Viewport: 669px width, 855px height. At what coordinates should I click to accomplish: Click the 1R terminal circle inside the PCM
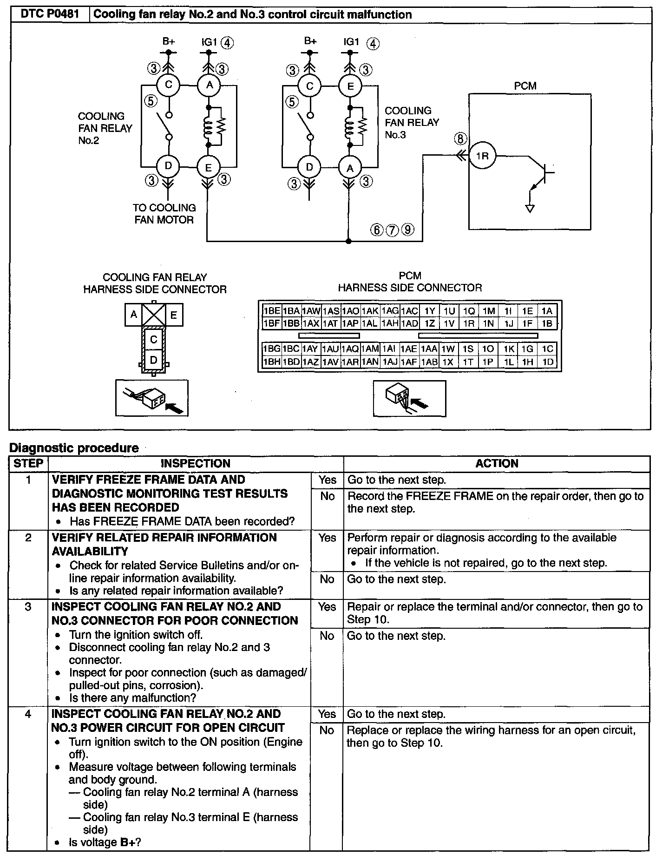483,156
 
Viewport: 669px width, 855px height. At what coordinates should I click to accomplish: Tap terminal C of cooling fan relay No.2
169,85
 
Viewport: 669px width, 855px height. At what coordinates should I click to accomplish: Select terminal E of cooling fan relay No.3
350,86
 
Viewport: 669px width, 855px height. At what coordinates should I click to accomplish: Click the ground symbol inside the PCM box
530,208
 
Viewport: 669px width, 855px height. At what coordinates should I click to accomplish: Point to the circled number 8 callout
460,138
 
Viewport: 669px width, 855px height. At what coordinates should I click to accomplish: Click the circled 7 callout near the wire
393,230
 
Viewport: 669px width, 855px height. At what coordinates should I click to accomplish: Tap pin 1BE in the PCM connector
271,311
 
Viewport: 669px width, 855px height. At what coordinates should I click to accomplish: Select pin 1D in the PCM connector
548,362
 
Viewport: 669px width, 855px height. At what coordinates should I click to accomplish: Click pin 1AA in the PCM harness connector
429,349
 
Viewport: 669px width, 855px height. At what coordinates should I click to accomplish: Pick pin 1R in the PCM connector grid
469,323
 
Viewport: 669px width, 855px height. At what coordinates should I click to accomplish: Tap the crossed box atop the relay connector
154,315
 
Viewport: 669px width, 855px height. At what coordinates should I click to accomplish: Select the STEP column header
28,463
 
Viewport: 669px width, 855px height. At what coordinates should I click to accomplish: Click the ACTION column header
497,463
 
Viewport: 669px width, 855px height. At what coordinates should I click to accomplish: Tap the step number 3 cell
28,607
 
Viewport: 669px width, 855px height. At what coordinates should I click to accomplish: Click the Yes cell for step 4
327,714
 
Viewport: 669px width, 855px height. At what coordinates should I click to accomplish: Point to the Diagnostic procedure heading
74,448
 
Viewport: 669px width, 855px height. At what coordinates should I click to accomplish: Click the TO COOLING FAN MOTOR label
164,214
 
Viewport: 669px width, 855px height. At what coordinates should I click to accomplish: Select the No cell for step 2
327,579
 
